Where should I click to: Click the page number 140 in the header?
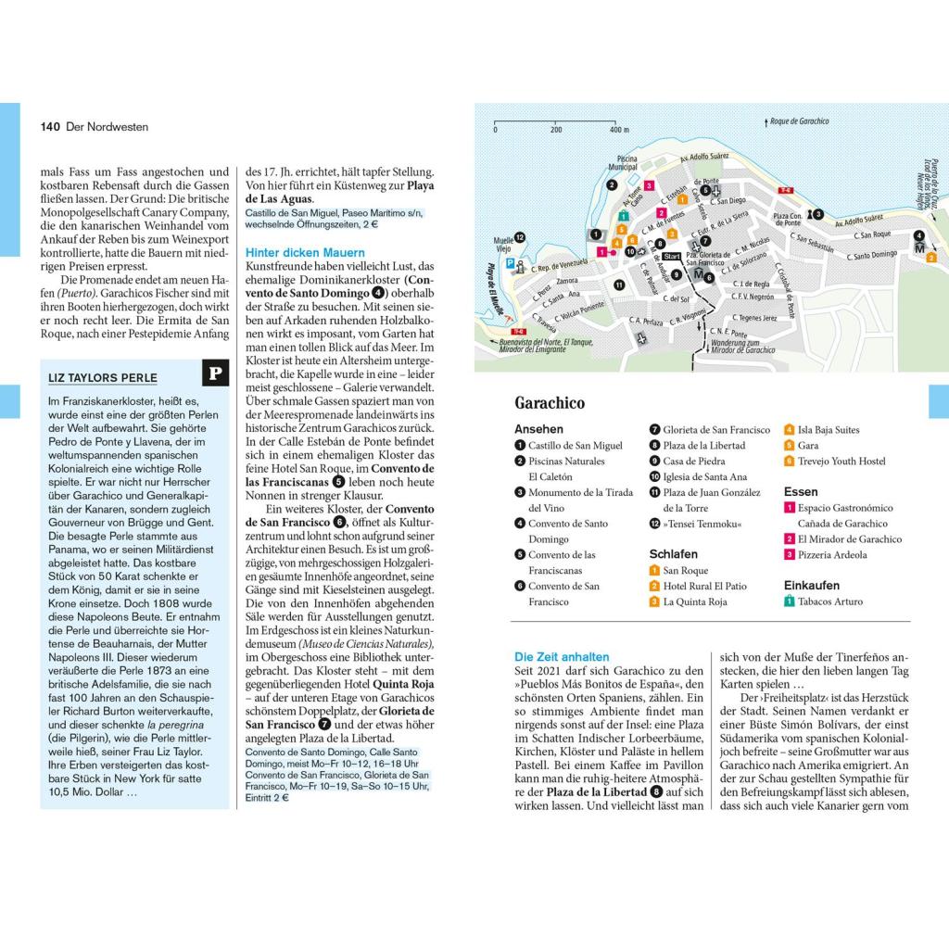[50, 127]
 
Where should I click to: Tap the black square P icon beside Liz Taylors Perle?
[215, 373]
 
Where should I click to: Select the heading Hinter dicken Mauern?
[305, 252]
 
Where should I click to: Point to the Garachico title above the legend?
[550, 403]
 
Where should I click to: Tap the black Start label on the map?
[672, 256]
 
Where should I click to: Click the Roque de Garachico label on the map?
[798, 121]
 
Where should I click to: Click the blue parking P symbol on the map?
[508, 263]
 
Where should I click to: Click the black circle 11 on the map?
[618, 285]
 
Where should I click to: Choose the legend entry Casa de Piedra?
[694, 461]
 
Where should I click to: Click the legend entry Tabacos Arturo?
[829, 601]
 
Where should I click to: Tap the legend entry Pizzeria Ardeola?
[832, 555]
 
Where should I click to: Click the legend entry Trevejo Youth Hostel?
[841, 461]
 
